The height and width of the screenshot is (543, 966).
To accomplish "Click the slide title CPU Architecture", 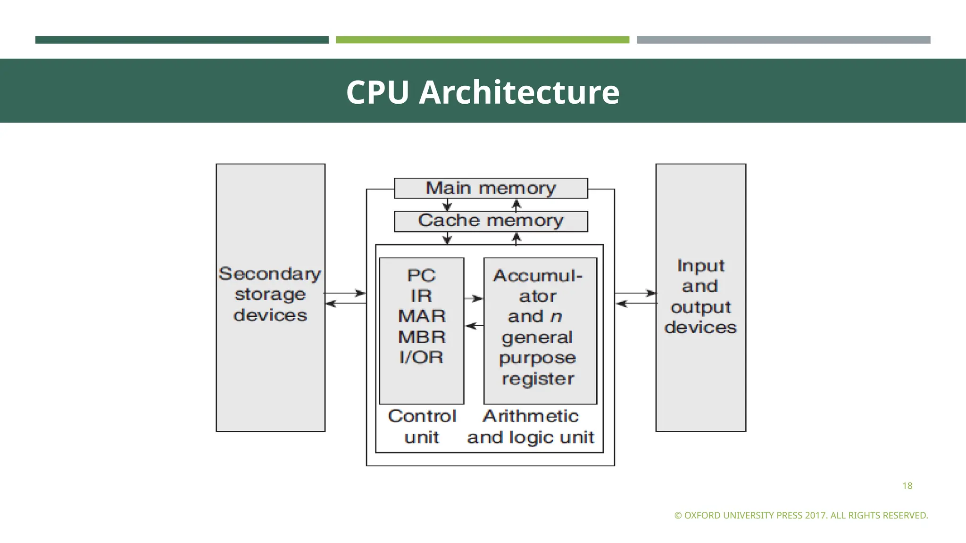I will point(483,92).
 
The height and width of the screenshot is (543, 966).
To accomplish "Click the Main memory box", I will point(491,188).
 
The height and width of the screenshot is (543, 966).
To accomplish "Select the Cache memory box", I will point(491,221).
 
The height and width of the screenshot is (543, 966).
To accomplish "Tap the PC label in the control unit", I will point(421,275).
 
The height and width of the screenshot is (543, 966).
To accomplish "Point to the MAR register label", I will point(422,316).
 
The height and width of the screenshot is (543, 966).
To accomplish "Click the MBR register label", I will point(422,337).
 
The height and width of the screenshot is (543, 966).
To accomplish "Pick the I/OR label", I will point(421,357).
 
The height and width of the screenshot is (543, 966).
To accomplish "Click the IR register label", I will point(421,296).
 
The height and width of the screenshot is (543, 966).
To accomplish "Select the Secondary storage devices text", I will point(270,294).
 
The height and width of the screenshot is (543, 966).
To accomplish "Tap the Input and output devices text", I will point(700,296).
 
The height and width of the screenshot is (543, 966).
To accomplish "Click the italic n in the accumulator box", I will point(556,316).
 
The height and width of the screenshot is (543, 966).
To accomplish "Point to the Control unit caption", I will point(422,426).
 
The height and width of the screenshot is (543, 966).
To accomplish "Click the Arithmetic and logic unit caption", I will point(531,426).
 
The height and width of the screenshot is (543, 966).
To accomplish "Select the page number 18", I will point(907,486).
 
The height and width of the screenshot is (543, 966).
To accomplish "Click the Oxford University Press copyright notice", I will point(801,515).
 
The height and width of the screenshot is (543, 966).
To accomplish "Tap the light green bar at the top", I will point(483,40).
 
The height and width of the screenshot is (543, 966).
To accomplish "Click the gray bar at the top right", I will point(783,40).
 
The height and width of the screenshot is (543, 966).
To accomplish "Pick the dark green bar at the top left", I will point(182,40).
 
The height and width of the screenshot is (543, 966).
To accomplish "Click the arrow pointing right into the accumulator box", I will point(474,298).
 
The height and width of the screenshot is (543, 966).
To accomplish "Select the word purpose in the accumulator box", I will point(537,358).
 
